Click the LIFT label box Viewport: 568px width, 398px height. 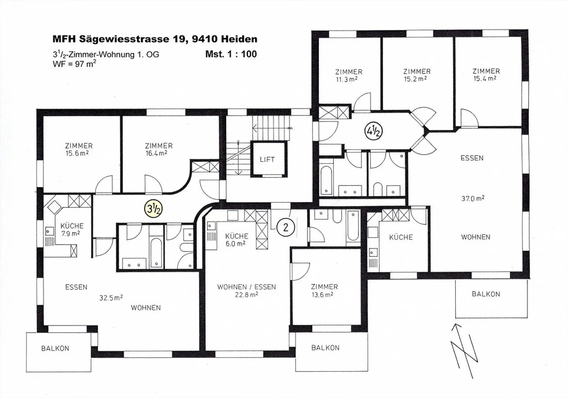click(267, 159)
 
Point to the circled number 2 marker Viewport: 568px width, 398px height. click(286, 227)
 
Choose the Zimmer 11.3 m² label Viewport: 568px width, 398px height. click(349, 75)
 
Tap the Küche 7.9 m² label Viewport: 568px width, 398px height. click(72, 229)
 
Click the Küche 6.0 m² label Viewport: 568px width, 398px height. click(237, 240)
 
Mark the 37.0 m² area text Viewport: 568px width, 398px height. click(473, 199)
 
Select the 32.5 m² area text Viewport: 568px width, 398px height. click(111, 298)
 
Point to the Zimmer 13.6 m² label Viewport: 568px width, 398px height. click(324, 290)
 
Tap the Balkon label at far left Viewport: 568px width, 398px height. click(55, 348)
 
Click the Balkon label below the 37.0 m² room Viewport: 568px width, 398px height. click(486, 294)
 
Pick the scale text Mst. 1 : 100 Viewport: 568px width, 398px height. click(231, 54)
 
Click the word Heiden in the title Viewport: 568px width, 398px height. click(239, 39)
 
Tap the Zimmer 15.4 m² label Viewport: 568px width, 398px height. click(486, 74)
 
